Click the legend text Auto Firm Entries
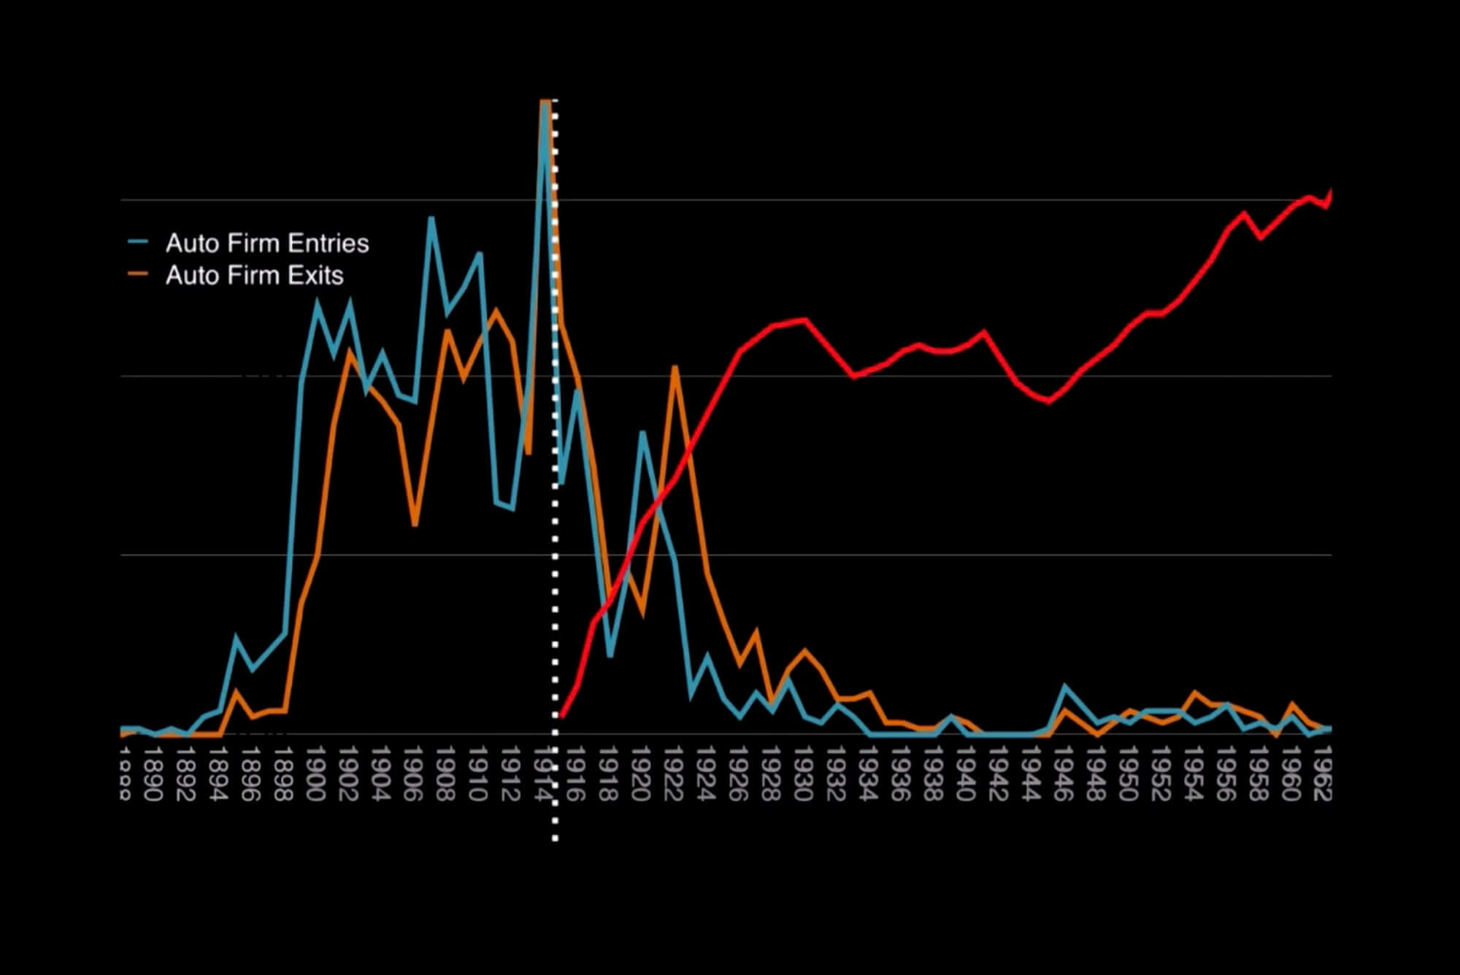point(267,243)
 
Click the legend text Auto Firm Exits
point(254,275)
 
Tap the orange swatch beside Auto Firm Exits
point(138,275)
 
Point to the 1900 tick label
point(315,774)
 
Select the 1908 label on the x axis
point(445,774)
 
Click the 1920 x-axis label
point(640,774)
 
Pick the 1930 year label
point(803,774)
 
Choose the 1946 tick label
point(1063,774)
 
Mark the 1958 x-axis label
point(1258,774)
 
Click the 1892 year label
point(185,774)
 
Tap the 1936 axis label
point(900,774)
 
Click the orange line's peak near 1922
point(675,367)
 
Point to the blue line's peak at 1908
point(431,218)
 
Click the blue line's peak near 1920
point(642,433)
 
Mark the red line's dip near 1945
point(1049,401)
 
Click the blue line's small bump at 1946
point(1065,686)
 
